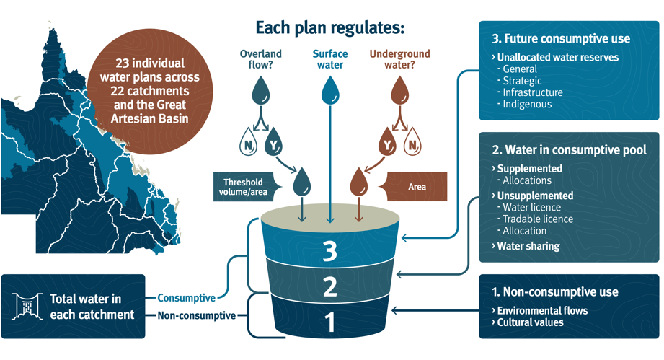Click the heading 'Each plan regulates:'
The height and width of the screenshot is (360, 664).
[x=330, y=28]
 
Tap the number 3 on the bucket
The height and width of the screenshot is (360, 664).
[x=330, y=251]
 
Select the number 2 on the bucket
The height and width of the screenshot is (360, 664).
[x=330, y=286]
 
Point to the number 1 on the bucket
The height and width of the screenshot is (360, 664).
[x=330, y=322]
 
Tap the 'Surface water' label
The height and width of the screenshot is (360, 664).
[x=330, y=59]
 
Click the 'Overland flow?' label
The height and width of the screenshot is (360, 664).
[x=260, y=59]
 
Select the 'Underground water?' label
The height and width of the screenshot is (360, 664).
[x=399, y=59]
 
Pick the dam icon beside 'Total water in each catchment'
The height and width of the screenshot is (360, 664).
[x=27, y=306]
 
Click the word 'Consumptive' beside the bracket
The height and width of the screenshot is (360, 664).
[x=186, y=298]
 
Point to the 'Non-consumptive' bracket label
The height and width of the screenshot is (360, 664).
[x=197, y=315]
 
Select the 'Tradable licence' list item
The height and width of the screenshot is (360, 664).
[x=535, y=219]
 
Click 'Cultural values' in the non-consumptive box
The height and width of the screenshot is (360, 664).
[x=528, y=322]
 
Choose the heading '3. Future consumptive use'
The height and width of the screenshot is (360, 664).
[x=561, y=38]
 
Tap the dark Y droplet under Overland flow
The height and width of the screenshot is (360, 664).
[x=273, y=141]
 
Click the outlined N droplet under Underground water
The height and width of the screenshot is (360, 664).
[x=412, y=141]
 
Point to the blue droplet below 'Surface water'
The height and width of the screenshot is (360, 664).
[x=330, y=90]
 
